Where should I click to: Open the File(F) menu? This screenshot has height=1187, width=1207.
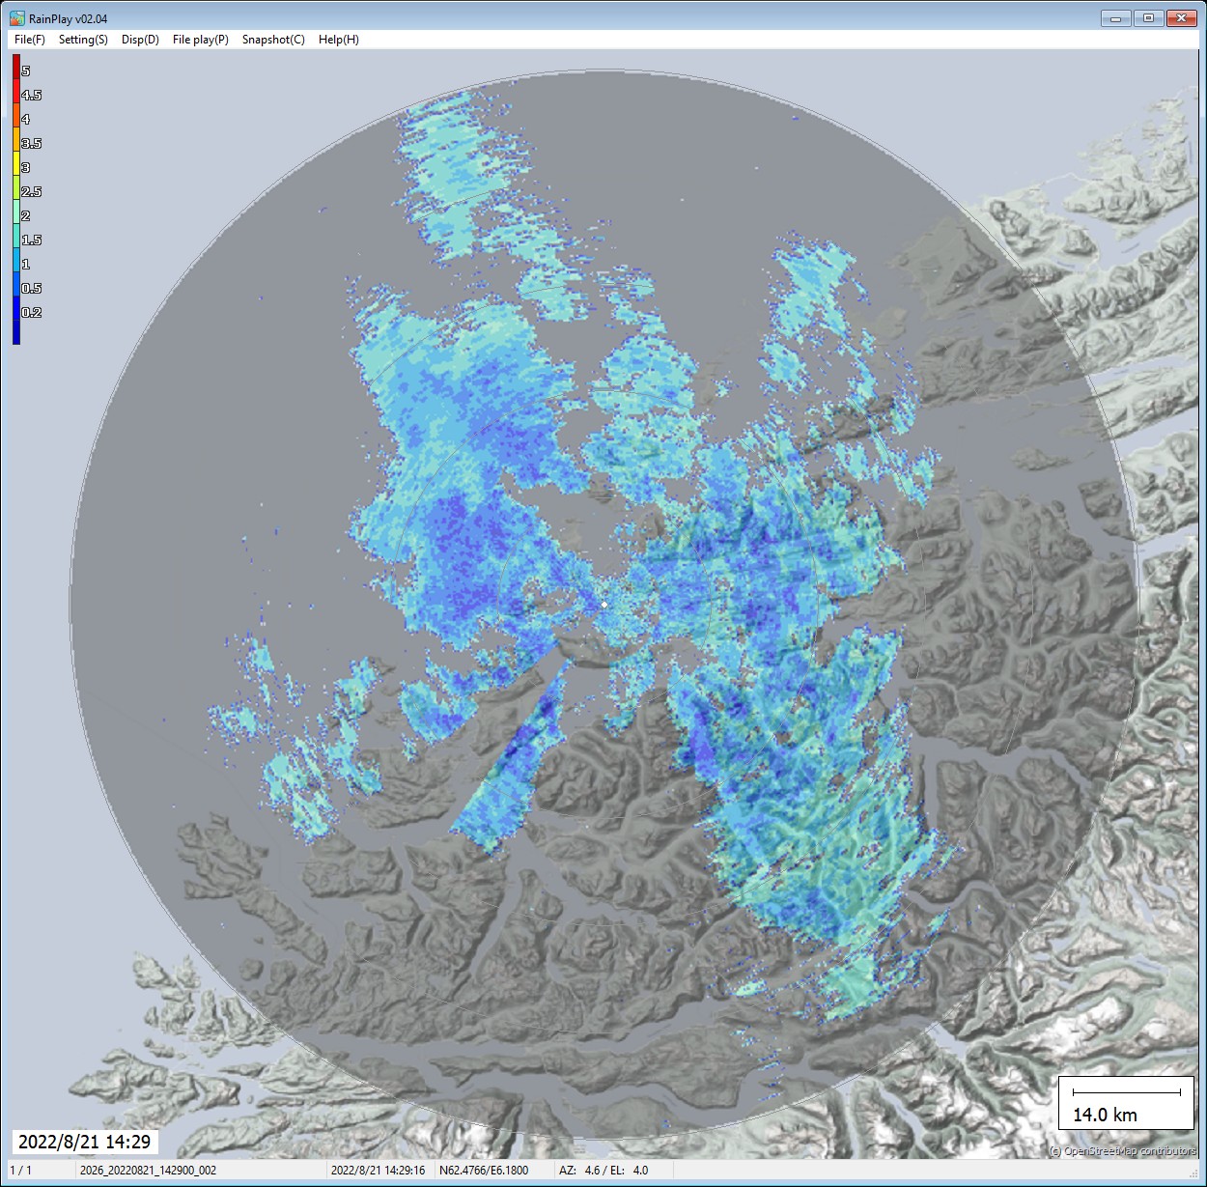29,40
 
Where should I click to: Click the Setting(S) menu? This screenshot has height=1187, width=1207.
83,40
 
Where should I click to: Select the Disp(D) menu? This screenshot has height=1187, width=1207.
140,40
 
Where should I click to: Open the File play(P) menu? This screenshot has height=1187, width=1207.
200,40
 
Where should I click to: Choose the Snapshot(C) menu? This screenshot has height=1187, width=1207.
273,40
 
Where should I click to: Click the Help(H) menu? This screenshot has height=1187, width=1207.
338,40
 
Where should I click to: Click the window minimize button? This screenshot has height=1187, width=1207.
1115,18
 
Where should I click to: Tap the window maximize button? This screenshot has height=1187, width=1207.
1148,18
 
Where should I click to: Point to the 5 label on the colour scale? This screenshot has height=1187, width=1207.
26,71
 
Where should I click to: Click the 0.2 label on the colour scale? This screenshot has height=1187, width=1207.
32,312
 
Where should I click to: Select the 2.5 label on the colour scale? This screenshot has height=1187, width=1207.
32,191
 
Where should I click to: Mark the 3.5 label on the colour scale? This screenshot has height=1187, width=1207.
32,143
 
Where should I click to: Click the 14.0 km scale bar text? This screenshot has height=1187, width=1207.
1105,1115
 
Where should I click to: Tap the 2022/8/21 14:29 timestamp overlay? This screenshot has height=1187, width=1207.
85,1142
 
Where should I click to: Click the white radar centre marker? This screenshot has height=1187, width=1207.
604,605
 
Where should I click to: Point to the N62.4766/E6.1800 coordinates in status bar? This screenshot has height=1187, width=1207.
484,1170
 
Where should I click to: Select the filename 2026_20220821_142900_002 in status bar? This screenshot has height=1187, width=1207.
148,1170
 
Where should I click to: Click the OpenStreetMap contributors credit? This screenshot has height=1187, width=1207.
1122,1150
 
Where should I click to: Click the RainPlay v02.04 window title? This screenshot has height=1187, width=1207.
68,18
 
